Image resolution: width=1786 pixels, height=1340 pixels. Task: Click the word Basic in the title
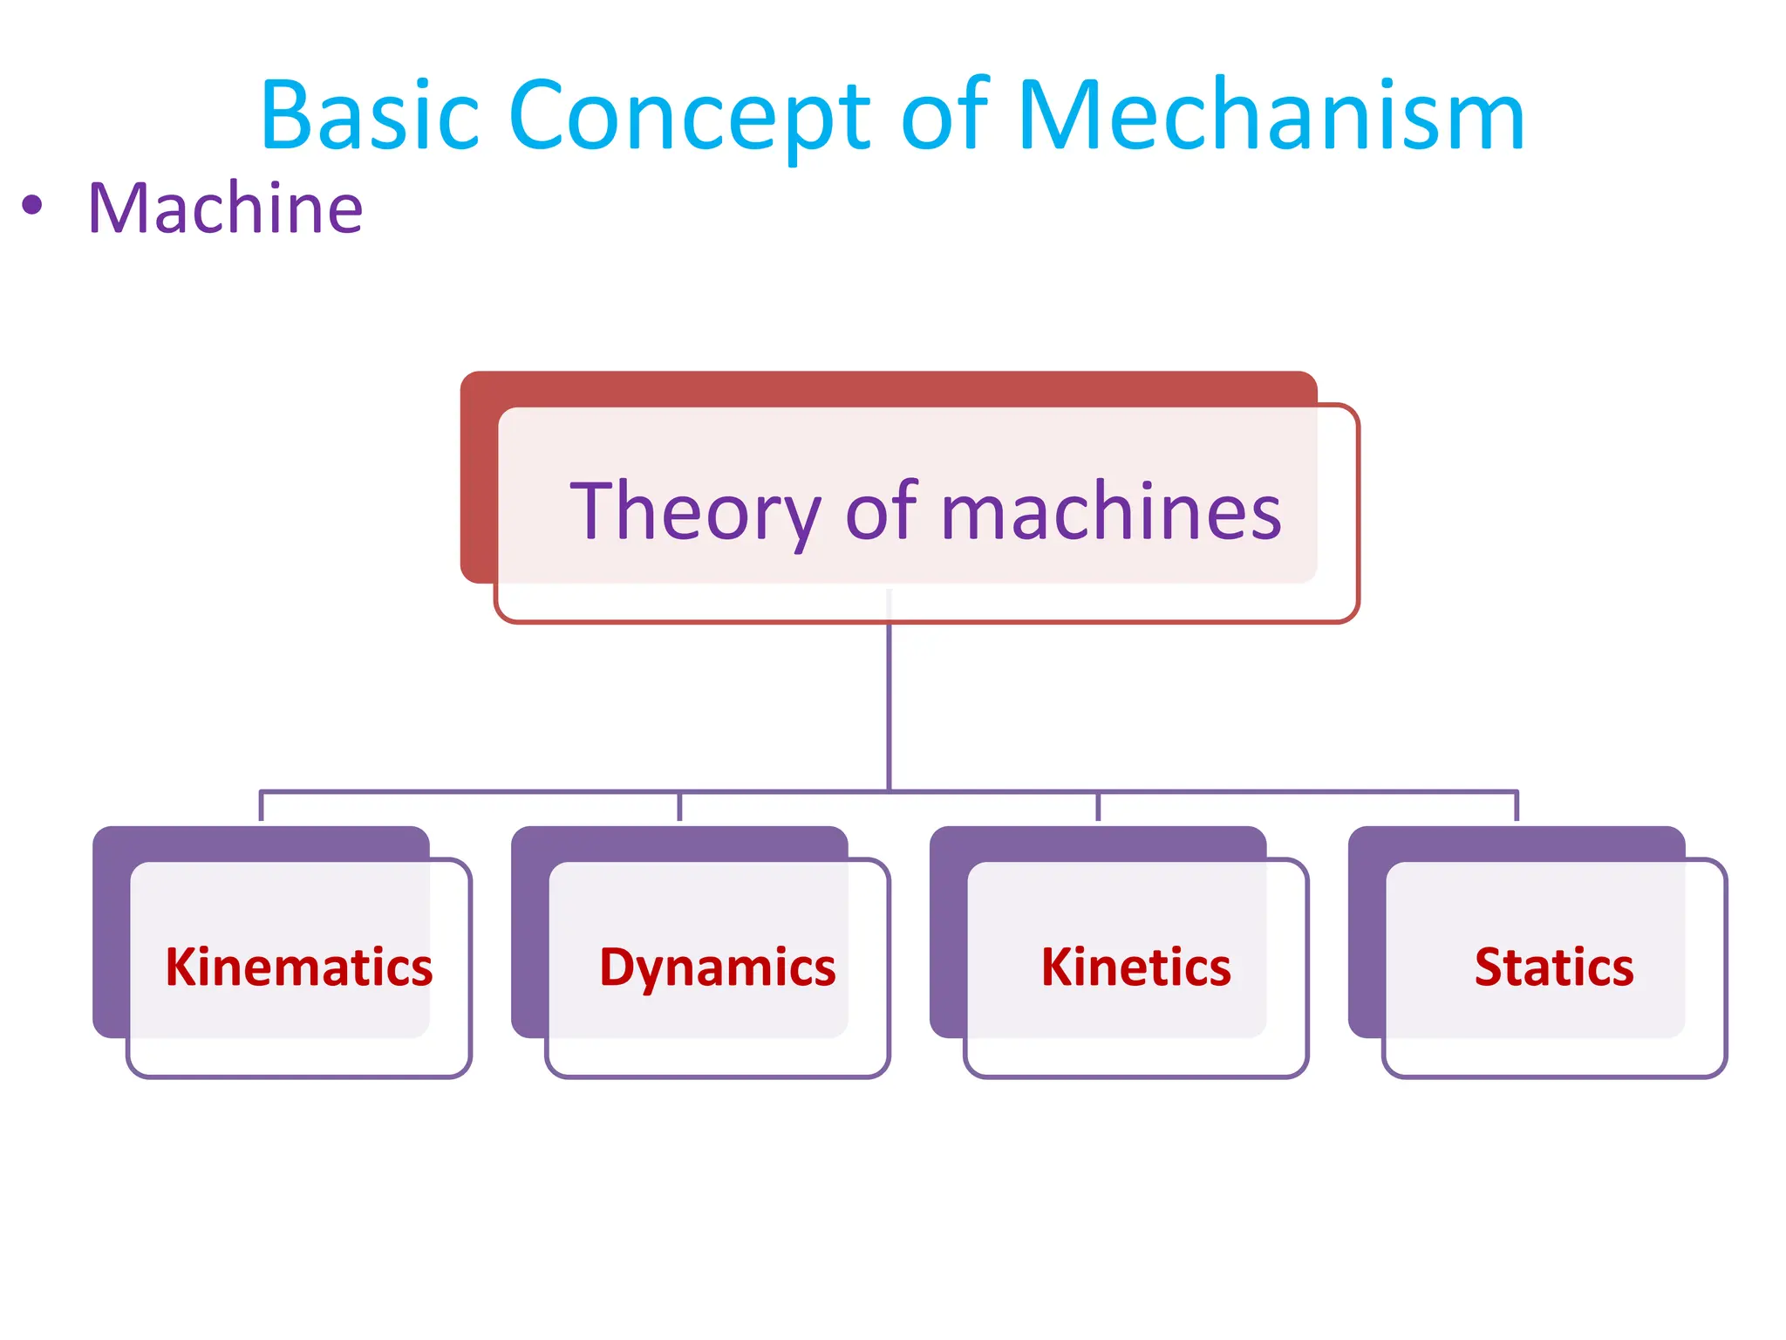click(x=370, y=116)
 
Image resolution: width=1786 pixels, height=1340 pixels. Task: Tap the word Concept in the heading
click(x=689, y=116)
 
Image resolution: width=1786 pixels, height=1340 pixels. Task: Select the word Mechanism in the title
click(x=1271, y=116)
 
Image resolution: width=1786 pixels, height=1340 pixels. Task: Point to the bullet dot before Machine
click(x=32, y=206)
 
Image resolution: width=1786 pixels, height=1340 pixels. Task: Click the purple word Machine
click(x=225, y=209)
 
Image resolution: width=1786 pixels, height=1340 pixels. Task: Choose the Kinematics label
click(x=299, y=967)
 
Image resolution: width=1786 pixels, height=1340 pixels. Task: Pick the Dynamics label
click(x=718, y=967)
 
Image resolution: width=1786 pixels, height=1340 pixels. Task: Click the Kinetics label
click(x=1135, y=967)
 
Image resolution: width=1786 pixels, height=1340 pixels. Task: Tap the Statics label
click(x=1554, y=967)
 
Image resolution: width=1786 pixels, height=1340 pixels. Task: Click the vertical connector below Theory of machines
click(x=889, y=707)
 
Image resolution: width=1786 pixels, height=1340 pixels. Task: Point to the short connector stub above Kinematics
click(x=261, y=807)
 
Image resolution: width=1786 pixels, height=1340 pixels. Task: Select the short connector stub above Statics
click(x=1517, y=807)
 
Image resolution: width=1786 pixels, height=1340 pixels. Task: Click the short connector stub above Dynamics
click(x=679, y=807)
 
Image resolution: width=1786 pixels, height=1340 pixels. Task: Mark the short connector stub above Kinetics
click(x=1098, y=807)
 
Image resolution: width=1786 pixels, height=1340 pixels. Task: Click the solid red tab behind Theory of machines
click(x=872, y=388)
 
